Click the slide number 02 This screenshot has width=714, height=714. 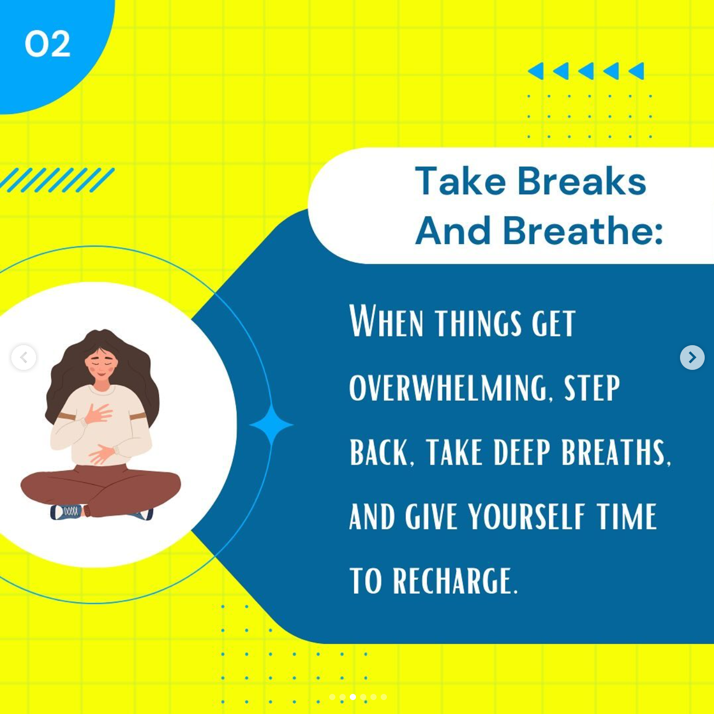[x=47, y=44]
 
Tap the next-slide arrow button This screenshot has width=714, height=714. [x=692, y=357]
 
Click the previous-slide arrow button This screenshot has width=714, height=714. [x=24, y=357]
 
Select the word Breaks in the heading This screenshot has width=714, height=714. [x=582, y=181]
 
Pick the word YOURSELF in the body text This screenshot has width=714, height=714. [x=526, y=517]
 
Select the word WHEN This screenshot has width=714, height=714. [x=386, y=321]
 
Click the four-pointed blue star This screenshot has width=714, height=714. [x=271, y=424]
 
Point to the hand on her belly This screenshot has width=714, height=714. [x=101, y=454]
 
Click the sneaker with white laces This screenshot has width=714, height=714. [x=66, y=512]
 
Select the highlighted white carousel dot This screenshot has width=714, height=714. [x=353, y=697]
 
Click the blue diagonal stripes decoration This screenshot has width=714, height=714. [x=57, y=180]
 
